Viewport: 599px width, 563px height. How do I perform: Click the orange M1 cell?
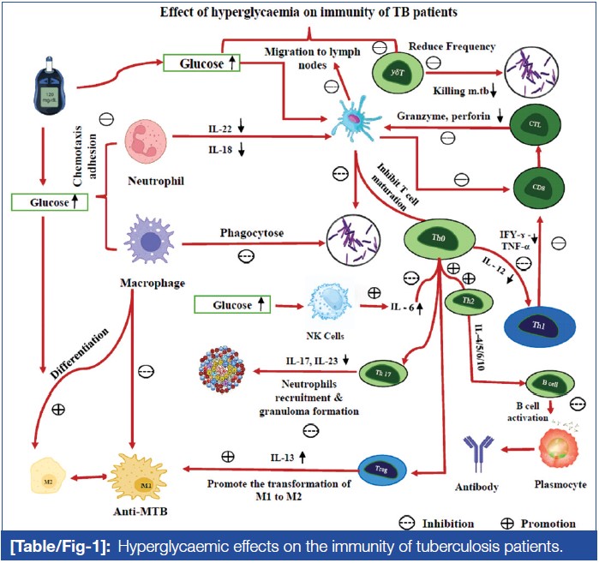pyautogui.click(x=132, y=470)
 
